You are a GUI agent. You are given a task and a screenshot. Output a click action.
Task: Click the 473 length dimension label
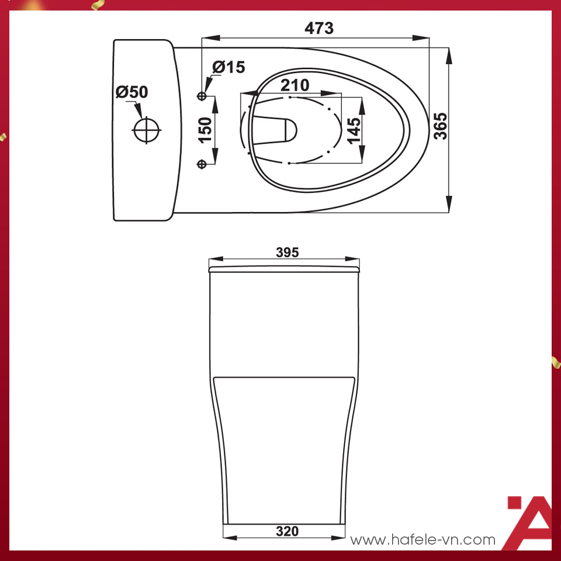coord(319,27)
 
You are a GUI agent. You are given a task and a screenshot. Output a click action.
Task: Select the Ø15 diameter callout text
coord(228,68)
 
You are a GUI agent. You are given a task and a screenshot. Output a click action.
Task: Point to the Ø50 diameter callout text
coord(131,92)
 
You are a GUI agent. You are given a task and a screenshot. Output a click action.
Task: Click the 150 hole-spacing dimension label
coord(205,130)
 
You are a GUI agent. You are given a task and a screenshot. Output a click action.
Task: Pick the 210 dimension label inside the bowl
coord(295,85)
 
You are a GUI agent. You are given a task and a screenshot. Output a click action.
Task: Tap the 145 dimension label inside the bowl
coord(354,127)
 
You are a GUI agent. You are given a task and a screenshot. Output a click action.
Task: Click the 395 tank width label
coord(287,252)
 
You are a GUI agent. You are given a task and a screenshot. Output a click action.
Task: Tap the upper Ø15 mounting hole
coord(203,95)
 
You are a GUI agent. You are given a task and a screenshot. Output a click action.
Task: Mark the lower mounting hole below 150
coord(203,164)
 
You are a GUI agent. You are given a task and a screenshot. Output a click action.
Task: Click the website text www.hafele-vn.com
coord(423,540)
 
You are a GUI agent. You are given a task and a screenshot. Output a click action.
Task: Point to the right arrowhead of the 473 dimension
coord(422,39)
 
